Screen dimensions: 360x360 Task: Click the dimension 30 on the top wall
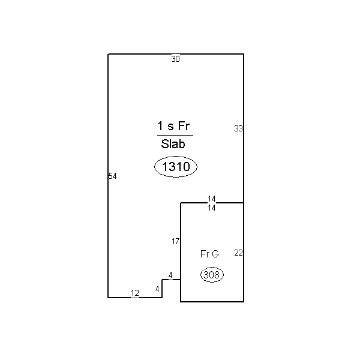[x=175, y=59]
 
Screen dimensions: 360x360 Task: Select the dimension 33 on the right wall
[x=238, y=128]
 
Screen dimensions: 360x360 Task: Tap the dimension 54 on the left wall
[x=113, y=176]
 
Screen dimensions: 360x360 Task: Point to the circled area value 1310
[x=176, y=166]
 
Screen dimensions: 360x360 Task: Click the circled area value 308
[x=212, y=275]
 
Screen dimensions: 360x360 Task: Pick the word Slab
[x=173, y=144]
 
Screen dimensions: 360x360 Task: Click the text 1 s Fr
[x=173, y=126]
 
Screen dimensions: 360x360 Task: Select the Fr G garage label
[x=209, y=254]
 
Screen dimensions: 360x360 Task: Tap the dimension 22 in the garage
[x=238, y=253]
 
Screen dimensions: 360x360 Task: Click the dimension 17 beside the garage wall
[x=175, y=241]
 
